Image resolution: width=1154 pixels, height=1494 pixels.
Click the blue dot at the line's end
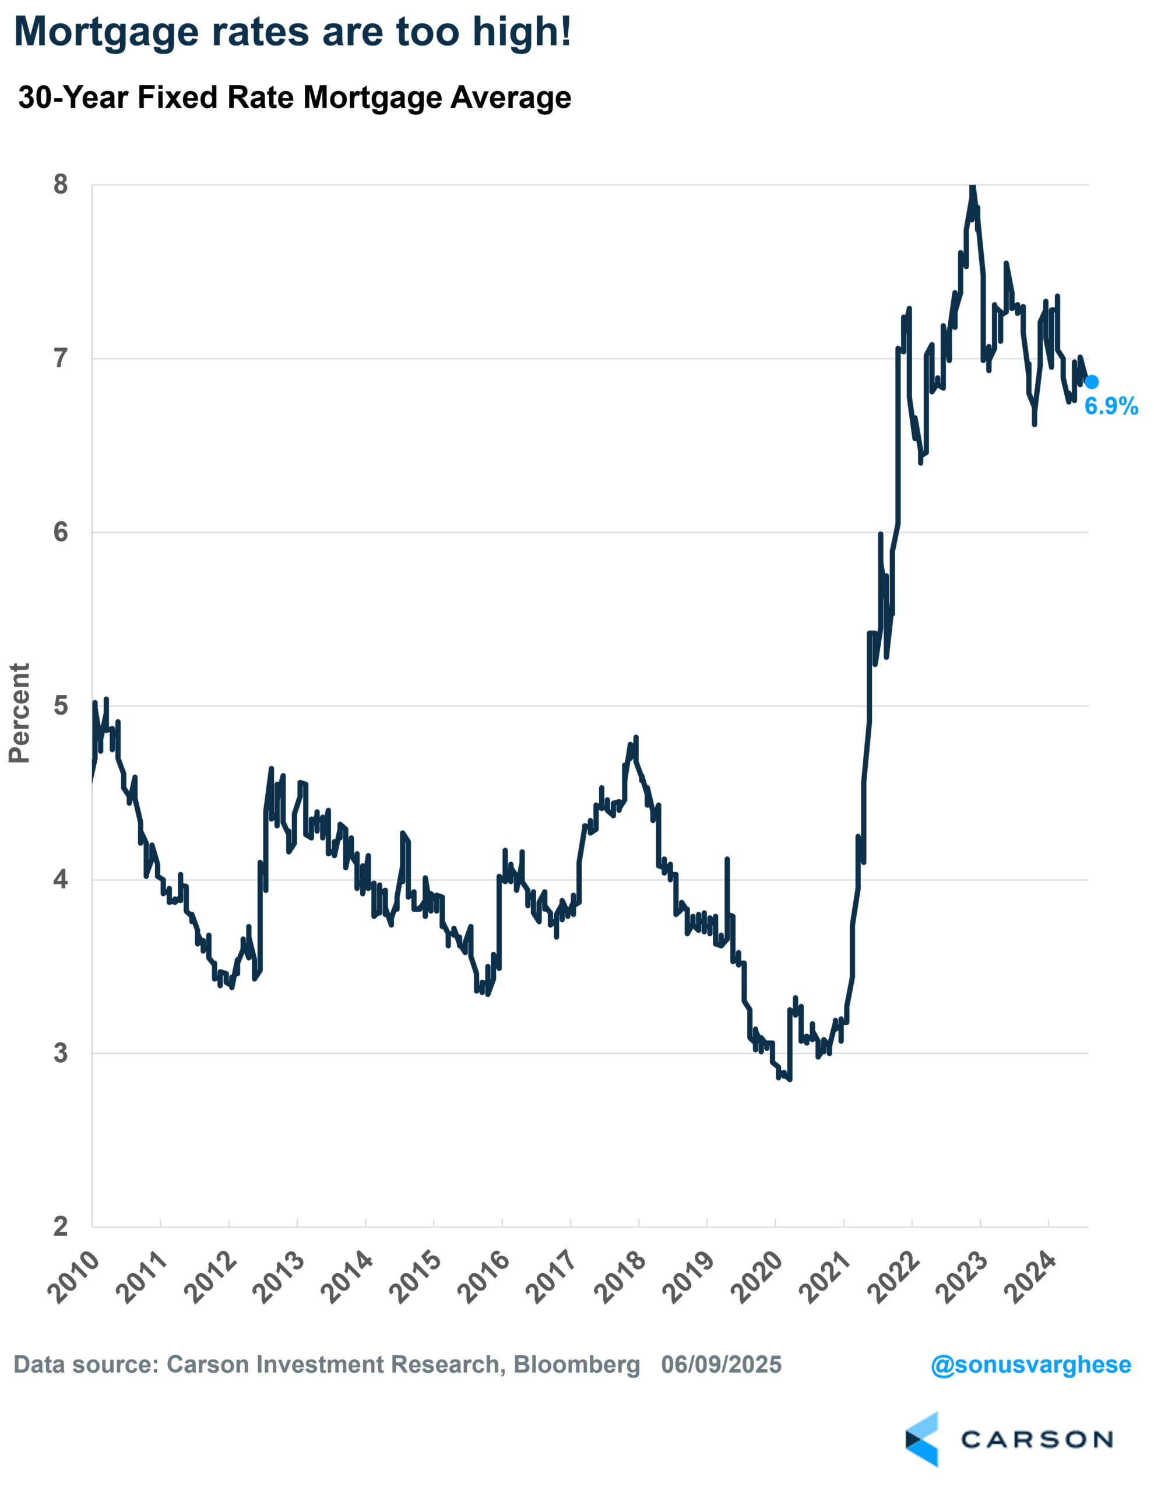coord(1092,382)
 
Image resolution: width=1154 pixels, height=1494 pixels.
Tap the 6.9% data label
coord(1111,406)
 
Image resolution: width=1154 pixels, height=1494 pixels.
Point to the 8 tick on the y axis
coord(61,185)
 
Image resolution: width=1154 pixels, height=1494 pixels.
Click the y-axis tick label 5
coord(61,705)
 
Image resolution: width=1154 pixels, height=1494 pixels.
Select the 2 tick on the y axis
coord(61,1226)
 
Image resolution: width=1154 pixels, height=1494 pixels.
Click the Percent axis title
coord(20,713)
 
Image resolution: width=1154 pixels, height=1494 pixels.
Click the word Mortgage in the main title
coord(106,32)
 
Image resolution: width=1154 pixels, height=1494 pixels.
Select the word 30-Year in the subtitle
coord(74,98)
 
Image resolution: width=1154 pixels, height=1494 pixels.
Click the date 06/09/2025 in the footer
coord(721,1365)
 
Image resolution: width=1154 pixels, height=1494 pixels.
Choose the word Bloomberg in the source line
coord(576,1365)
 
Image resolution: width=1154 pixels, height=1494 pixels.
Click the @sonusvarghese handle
coord(1030,1365)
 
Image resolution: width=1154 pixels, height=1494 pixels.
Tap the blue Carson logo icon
coord(921,1439)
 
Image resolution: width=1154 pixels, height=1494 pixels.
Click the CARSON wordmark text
coord(1036,1440)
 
